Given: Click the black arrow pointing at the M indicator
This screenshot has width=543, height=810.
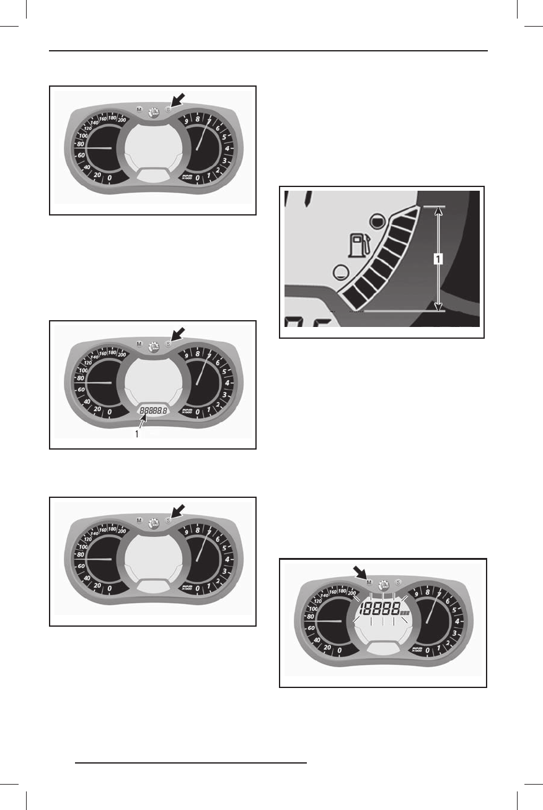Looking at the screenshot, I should [360, 573].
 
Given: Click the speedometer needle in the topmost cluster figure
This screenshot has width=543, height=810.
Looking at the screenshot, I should [99, 149].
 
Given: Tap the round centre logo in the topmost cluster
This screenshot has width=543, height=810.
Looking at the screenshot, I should [154, 111].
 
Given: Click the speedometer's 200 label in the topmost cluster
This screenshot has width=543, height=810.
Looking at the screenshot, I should [121, 119].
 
